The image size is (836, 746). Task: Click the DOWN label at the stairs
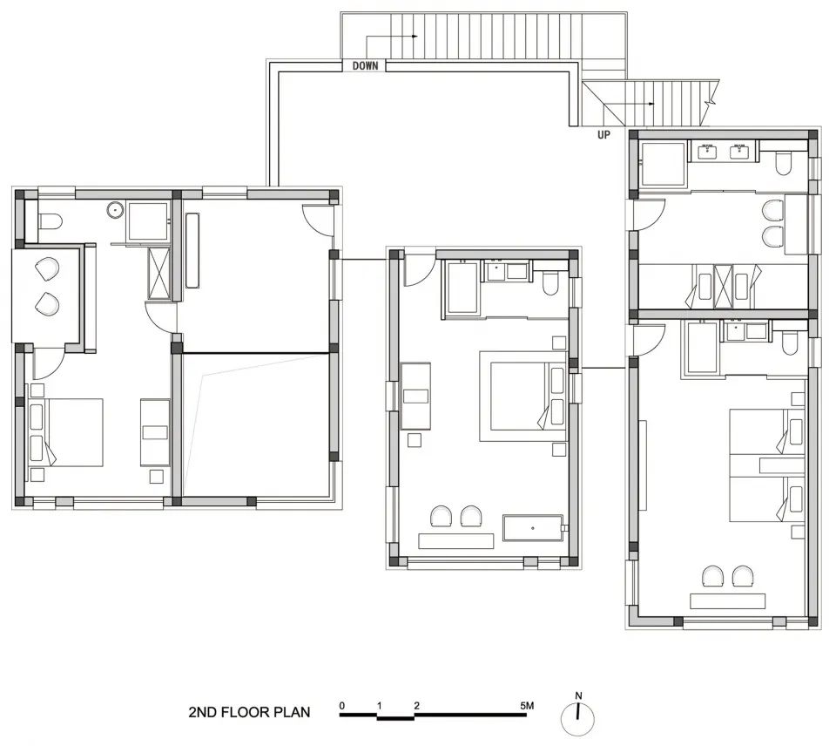(365, 65)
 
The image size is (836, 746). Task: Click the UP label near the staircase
(603, 135)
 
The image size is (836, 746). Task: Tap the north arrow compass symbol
(578, 715)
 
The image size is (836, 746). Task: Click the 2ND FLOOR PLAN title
(249, 712)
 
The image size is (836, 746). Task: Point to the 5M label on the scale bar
(527, 705)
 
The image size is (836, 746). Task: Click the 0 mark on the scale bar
(341, 705)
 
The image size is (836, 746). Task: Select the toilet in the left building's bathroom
(51, 220)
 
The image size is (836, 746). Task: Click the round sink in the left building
(115, 210)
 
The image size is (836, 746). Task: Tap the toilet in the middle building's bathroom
(549, 283)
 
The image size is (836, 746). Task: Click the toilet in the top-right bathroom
(783, 164)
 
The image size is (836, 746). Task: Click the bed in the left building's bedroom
(66, 432)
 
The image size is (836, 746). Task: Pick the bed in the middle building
(522, 396)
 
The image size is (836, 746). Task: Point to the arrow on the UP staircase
(636, 104)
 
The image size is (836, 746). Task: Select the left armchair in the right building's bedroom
(713, 576)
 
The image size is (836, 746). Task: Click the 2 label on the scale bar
(416, 705)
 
